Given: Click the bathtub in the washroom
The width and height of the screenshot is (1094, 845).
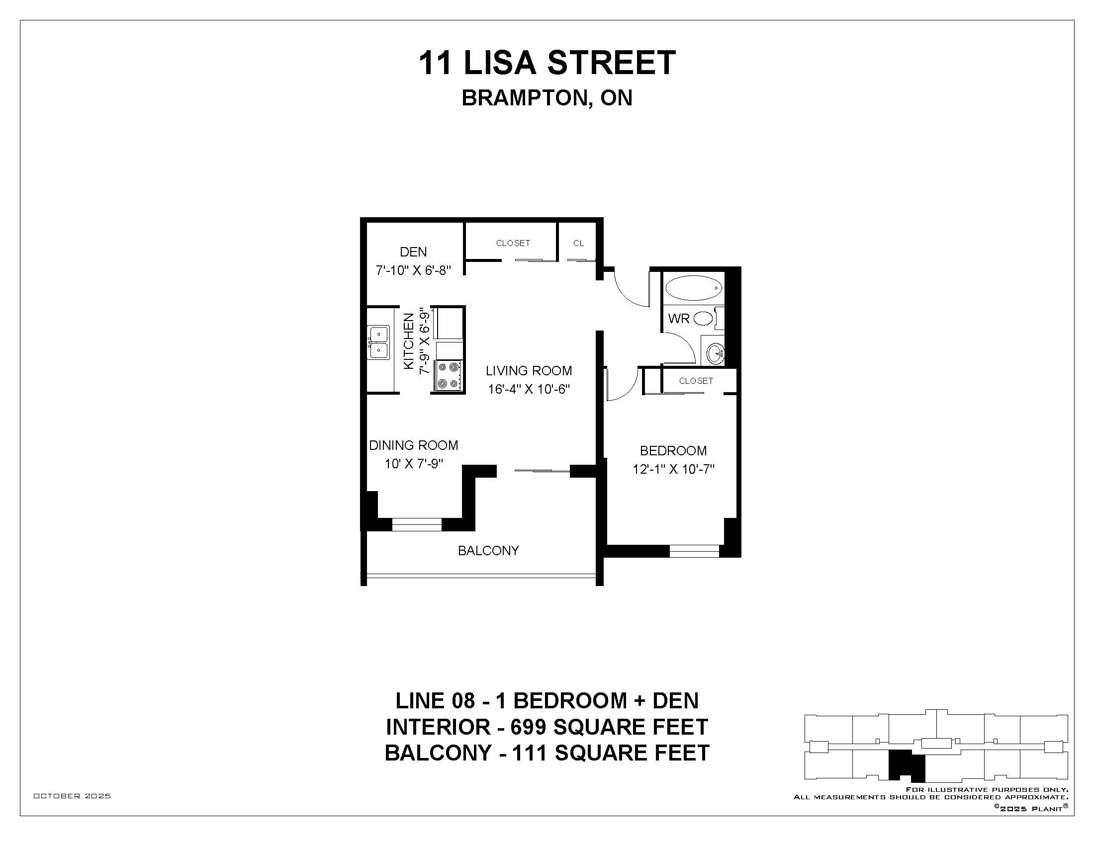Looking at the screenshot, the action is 693,288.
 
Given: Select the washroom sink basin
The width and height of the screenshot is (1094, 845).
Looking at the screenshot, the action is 715,353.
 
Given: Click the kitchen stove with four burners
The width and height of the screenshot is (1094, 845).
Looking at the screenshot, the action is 449,375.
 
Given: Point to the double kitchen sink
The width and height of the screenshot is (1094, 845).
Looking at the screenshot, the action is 379,342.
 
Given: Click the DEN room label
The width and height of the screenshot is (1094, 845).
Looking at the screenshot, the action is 413,252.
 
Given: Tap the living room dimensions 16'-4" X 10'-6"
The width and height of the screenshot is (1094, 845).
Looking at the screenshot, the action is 529,389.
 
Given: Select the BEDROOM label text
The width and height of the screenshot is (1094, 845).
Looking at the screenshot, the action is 673,450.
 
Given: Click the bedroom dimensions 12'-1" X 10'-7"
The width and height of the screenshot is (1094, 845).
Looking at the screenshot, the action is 673,469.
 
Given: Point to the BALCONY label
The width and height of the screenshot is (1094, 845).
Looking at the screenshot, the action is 488,551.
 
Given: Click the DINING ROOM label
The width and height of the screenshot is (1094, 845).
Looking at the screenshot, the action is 414,445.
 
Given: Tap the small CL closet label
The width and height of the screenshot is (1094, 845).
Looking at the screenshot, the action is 578,243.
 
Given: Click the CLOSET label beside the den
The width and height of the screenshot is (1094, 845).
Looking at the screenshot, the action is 513,243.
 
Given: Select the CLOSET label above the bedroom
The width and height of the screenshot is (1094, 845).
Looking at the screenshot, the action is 696,381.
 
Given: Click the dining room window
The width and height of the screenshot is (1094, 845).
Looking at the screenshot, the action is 416,524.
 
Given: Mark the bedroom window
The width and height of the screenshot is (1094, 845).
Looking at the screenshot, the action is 694,551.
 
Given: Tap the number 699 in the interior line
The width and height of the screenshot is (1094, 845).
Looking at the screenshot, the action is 528,727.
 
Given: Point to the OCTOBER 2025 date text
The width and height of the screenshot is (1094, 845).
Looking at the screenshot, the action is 72,796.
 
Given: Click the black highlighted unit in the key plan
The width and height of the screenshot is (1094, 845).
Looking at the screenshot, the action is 906,766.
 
